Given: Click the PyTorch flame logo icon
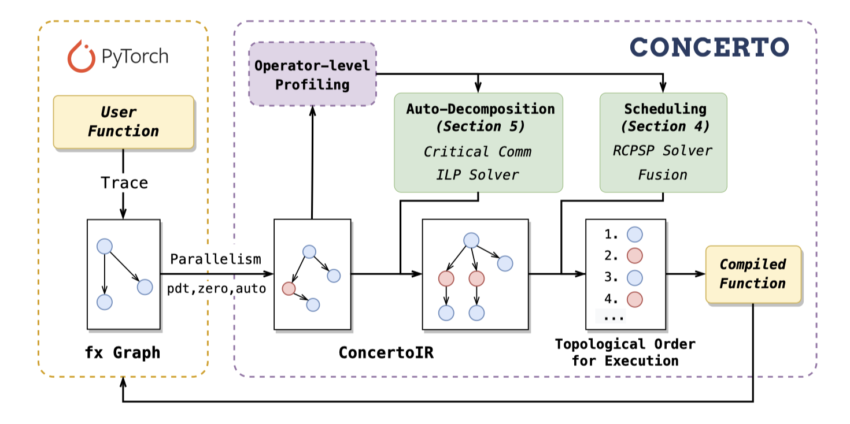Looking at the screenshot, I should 81,57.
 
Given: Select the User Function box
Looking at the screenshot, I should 123,122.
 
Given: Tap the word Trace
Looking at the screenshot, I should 124,183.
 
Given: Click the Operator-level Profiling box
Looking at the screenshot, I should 312,74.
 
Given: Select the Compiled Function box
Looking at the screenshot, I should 753,274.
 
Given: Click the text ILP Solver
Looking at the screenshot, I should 478,174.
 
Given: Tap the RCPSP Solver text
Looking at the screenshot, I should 663,150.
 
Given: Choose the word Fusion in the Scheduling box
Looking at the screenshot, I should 663,174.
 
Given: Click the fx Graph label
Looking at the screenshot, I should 123,352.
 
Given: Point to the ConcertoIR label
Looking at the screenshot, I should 386,352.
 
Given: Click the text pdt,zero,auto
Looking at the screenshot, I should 217,289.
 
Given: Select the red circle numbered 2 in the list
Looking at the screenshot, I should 635,255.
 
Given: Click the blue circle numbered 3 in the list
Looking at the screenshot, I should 635,277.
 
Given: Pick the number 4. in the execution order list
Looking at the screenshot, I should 611,299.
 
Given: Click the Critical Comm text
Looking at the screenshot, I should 478,151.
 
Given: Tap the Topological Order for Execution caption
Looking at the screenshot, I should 624,352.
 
